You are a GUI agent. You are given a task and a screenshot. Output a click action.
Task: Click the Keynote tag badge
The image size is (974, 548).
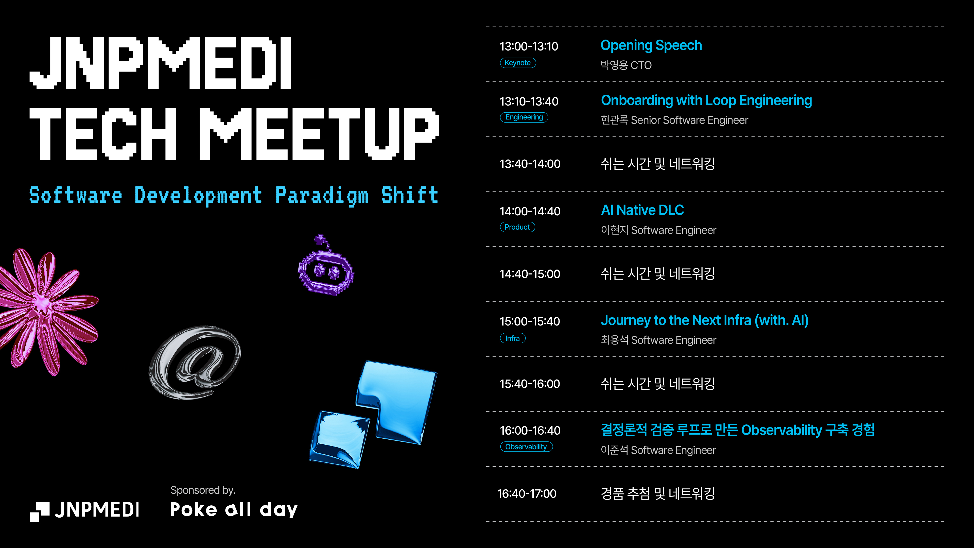click(x=518, y=63)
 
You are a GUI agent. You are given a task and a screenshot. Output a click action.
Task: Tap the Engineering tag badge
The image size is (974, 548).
click(x=524, y=117)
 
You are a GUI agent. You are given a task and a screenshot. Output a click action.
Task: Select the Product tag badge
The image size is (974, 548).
click(x=517, y=227)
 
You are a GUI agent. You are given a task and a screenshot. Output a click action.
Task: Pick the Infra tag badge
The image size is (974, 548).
click(x=513, y=338)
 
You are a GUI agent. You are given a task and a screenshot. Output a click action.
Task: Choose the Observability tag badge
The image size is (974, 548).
click(x=526, y=447)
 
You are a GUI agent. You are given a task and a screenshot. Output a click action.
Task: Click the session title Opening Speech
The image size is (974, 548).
click(x=651, y=45)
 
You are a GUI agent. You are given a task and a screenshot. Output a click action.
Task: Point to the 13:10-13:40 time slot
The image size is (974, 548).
click(x=529, y=101)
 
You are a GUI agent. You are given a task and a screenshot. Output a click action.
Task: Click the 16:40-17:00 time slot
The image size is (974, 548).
click(x=527, y=493)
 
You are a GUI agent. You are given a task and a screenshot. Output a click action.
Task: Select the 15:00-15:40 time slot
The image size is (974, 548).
click(x=530, y=321)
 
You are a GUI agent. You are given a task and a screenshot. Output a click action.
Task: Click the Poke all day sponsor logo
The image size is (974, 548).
click(x=234, y=509)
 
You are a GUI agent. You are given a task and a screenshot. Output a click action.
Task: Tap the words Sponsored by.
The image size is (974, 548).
click(x=203, y=490)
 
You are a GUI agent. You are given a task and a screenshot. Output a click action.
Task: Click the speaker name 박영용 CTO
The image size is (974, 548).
click(x=626, y=65)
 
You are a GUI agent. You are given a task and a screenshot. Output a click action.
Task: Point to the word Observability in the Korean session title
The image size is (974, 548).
click(x=781, y=430)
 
